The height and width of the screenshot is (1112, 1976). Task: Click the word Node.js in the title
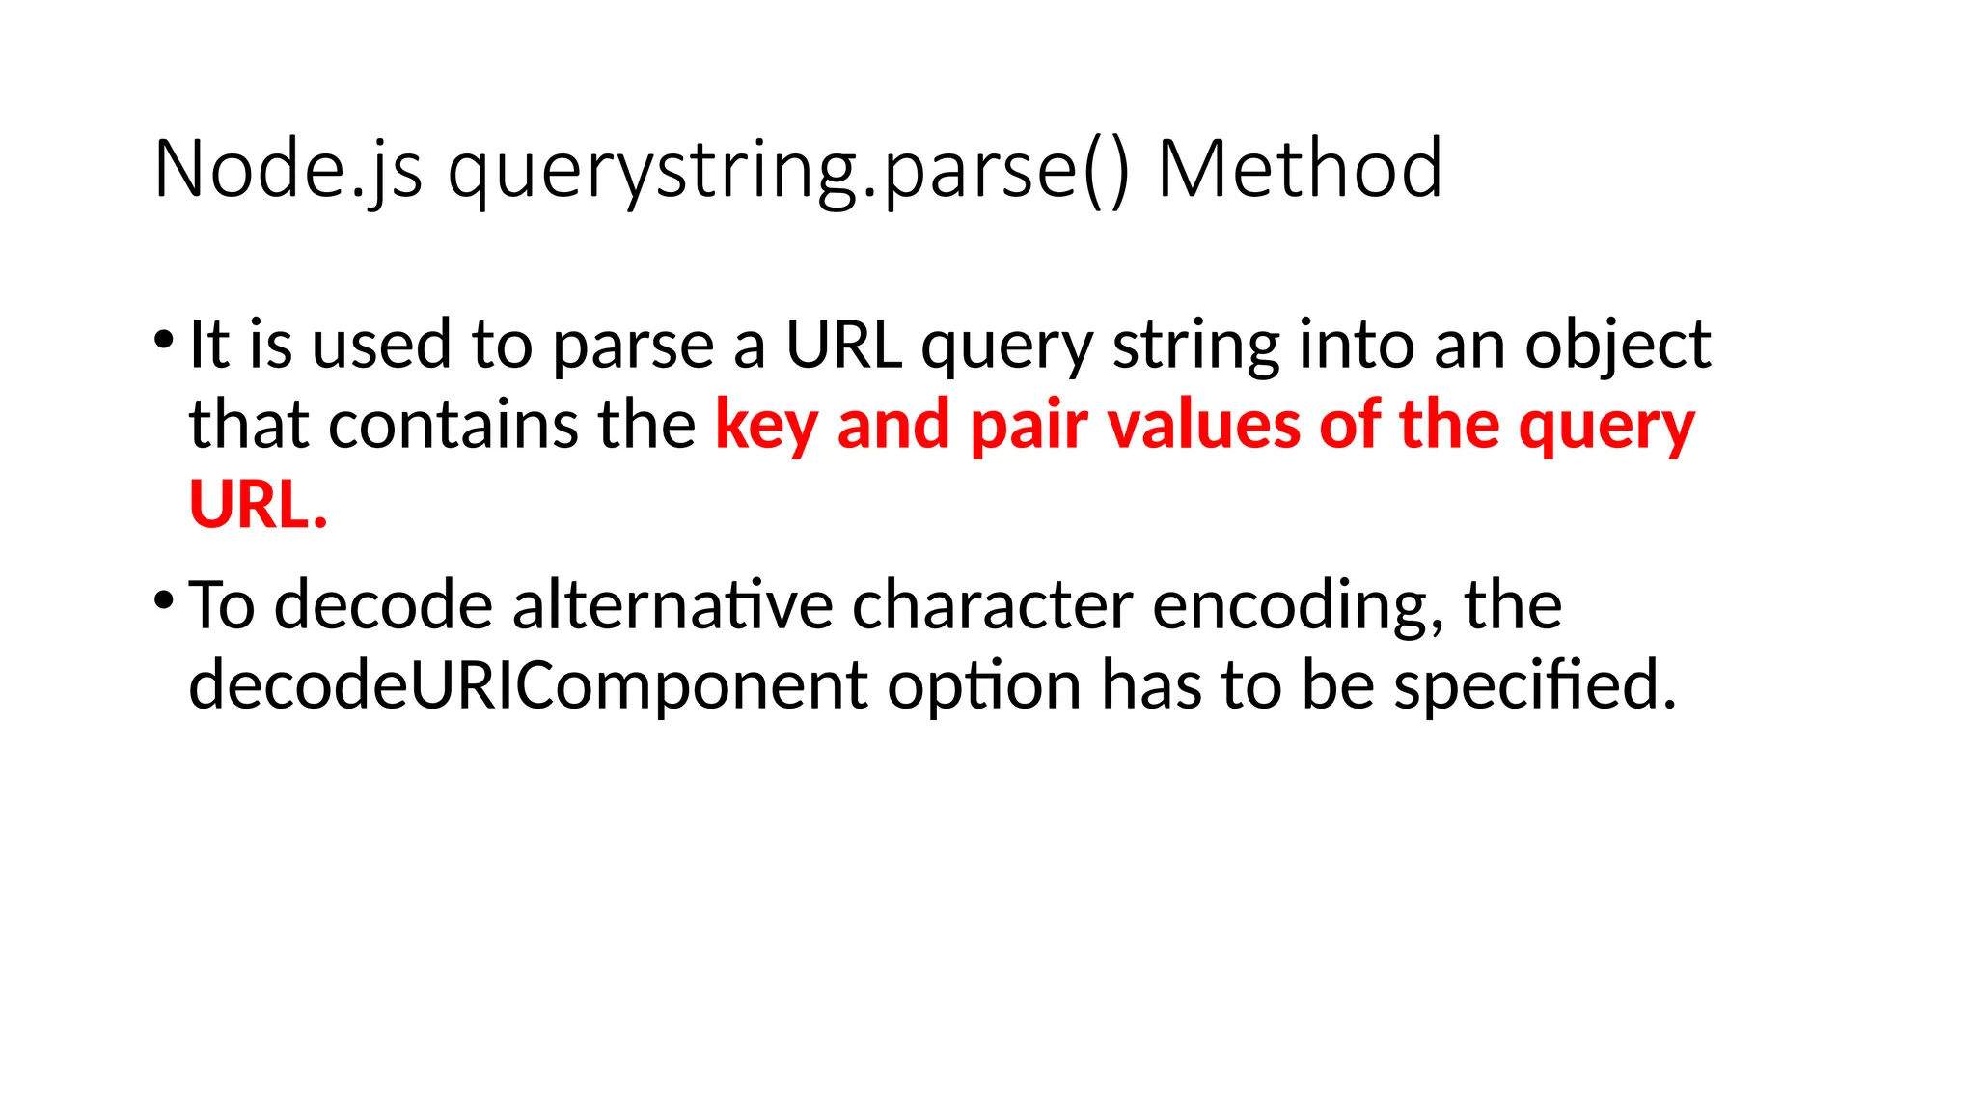tap(288, 170)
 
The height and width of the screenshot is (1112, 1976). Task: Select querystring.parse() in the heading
tap(787, 170)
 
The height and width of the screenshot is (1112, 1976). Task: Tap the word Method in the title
tap(1299, 170)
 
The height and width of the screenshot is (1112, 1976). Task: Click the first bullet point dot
tap(163, 340)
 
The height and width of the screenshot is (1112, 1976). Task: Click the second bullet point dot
tap(163, 600)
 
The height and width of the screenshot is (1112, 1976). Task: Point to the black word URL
tap(843, 345)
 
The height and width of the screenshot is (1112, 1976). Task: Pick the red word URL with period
tap(258, 505)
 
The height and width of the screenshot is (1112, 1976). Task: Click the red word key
tap(766, 426)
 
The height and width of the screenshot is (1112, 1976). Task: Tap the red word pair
tap(1029, 426)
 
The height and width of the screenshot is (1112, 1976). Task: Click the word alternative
tap(672, 606)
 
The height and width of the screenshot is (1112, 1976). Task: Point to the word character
tap(992, 606)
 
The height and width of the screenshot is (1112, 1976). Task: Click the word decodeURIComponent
tap(528, 685)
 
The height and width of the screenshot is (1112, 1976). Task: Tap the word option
tap(984, 685)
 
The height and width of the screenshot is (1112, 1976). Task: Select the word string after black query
tap(1195, 345)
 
